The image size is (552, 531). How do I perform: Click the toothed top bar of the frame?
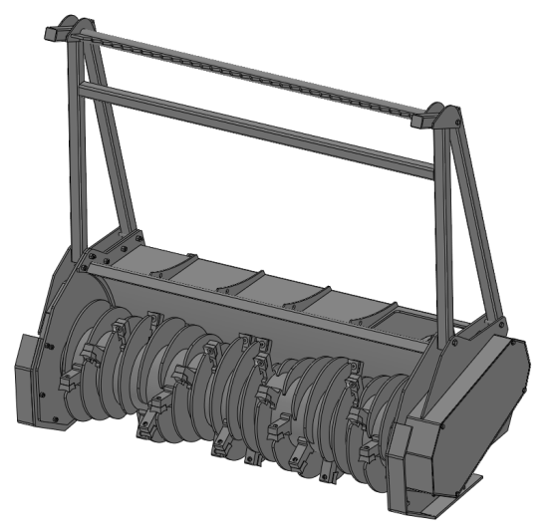pyautogui.click(x=249, y=71)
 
